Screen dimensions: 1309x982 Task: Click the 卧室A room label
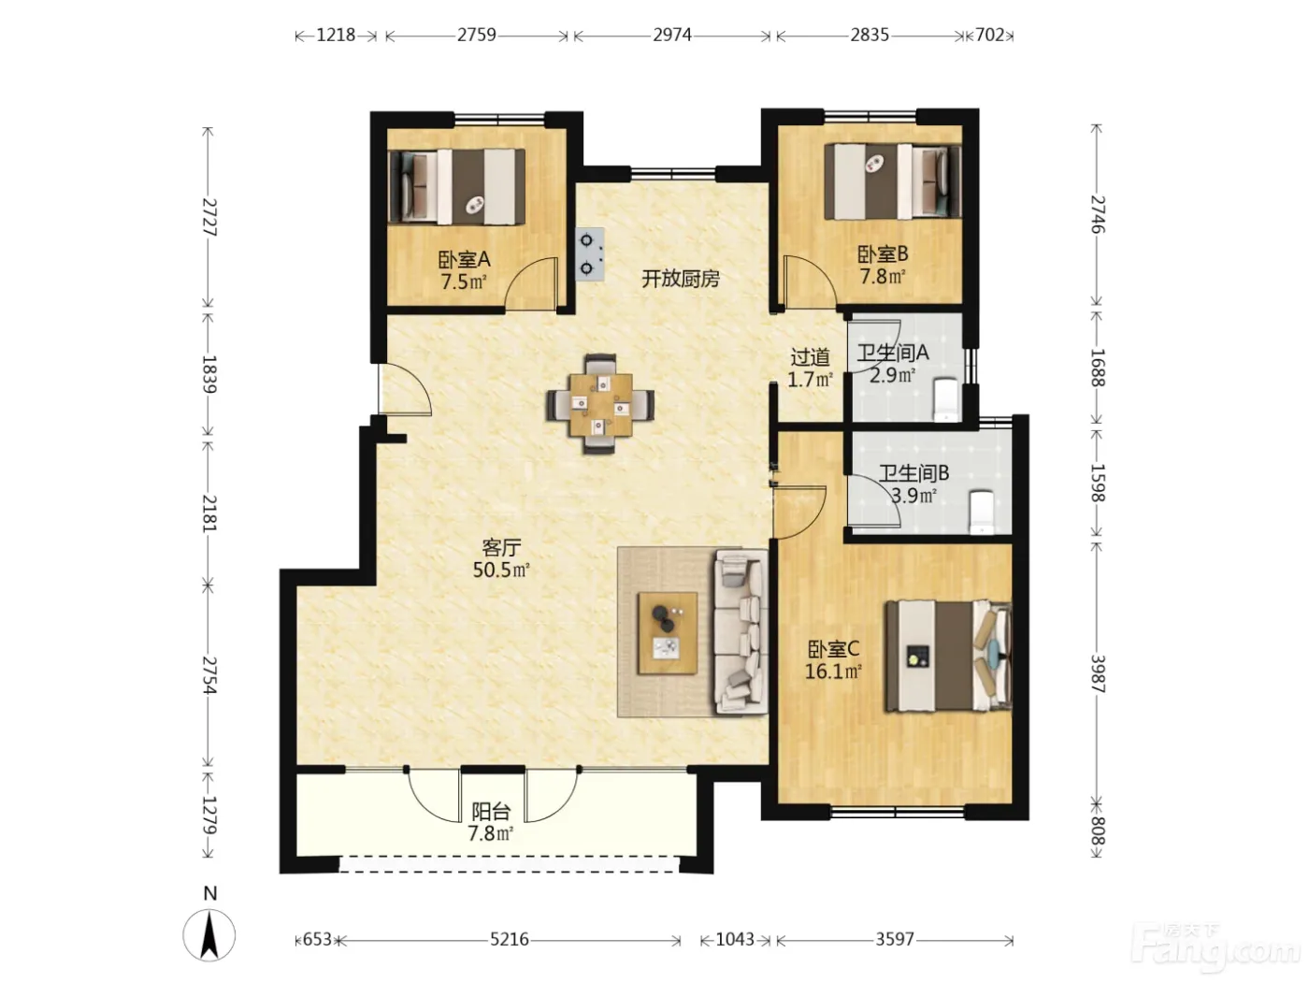click(464, 259)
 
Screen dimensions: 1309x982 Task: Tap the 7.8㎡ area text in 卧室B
click(882, 277)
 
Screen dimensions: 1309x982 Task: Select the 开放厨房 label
click(681, 279)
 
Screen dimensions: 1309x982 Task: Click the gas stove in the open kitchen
click(589, 254)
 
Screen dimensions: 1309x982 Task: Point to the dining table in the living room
click(600, 404)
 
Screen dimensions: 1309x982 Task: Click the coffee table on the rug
click(668, 633)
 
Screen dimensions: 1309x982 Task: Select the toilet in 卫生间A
click(945, 399)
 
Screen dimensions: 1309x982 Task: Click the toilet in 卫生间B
click(981, 513)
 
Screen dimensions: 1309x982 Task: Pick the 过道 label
click(810, 357)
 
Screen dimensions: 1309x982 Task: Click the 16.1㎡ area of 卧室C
click(833, 672)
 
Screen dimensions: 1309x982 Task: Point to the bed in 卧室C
click(948, 656)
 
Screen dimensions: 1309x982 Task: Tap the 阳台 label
click(491, 811)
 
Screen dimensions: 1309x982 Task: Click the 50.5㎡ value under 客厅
click(501, 570)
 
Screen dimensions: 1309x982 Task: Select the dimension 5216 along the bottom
click(509, 939)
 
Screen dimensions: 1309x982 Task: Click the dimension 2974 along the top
click(672, 36)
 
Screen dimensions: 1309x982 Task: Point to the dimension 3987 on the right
click(1098, 673)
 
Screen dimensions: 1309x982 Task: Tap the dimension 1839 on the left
click(209, 374)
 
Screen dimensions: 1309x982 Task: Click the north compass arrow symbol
click(209, 935)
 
